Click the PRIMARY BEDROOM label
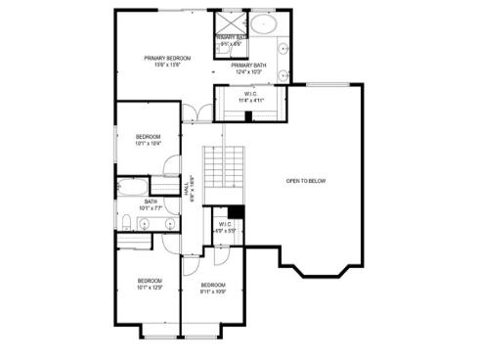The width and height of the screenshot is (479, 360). tap(167, 62)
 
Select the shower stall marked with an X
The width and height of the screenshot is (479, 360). tap(230, 23)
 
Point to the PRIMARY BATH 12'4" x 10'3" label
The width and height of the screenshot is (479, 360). tap(249, 68)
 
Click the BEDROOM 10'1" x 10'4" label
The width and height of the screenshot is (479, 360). tap(148, 139)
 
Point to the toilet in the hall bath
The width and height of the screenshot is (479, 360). tap(127, 219)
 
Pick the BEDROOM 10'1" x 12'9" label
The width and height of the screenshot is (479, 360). tap(149, 285)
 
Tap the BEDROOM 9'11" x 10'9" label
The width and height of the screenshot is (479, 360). tap(213, 288)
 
